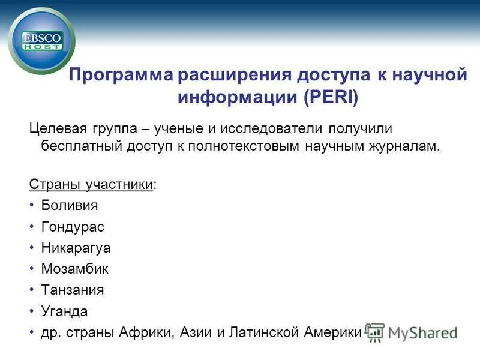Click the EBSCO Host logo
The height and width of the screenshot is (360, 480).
click(41, 41)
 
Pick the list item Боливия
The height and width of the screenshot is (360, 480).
click(69, 205)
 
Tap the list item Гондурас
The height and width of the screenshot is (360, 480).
click(73, 226)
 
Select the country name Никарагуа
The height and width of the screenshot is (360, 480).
click(76, 248)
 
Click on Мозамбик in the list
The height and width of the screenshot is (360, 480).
click(74, 269)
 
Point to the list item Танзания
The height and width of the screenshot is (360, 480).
click(73, 290)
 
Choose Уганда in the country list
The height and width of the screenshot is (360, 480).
click(64, 311)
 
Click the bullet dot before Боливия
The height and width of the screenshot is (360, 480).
click(31, 206)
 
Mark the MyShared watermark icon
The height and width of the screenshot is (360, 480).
click(375, 332)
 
